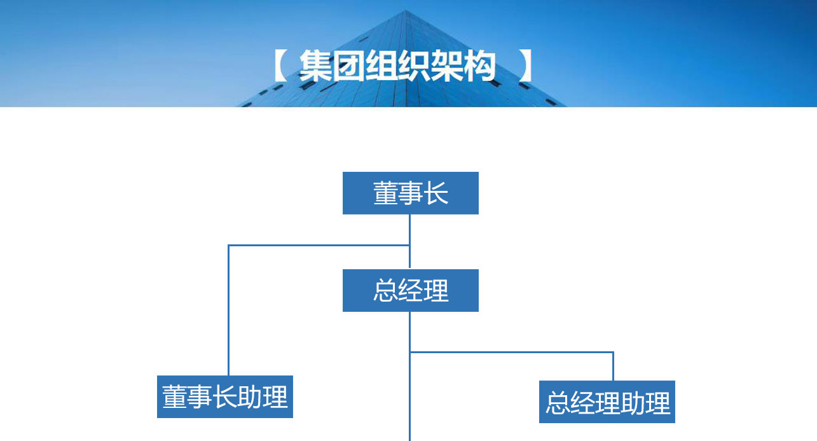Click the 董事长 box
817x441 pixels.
point(410,193)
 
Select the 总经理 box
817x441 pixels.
point(410,290)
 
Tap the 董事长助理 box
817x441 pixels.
point(225,396)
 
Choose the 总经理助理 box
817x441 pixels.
point(607,402)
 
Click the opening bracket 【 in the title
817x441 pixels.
point(280,66)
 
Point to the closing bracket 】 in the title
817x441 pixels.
point(525,66)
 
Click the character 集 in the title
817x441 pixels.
point(315,66)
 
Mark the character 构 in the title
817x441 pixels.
point(479,66)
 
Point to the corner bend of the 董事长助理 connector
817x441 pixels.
point(229,245)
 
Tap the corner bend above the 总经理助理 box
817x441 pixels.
point(613,352)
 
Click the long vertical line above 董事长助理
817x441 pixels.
point(229,312)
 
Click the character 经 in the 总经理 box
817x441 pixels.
point(411,291)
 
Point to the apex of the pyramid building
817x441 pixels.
point(404,11)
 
